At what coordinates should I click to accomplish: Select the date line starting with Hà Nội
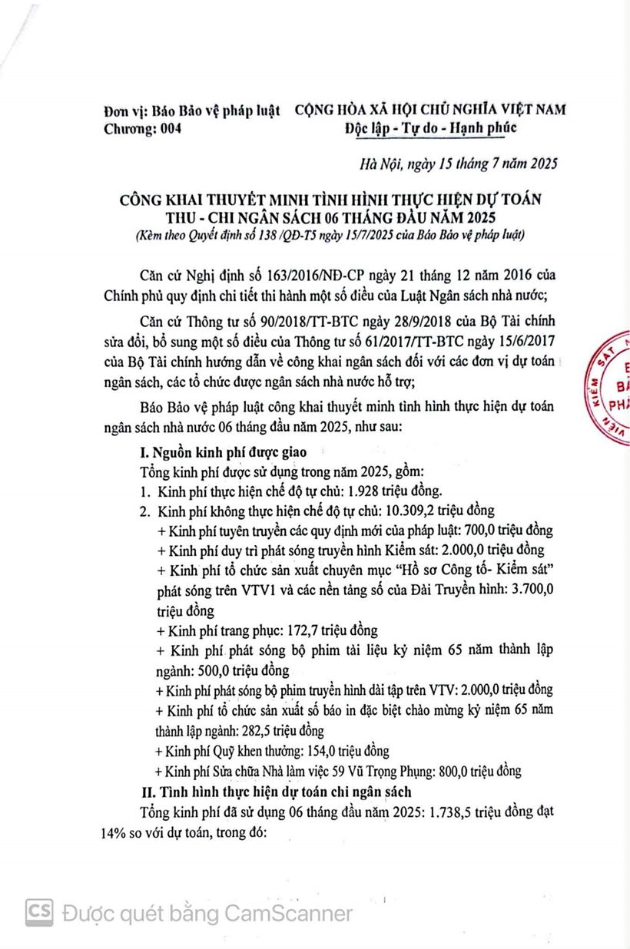(x=459, y=164)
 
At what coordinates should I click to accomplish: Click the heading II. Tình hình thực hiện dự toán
(x=274, y=791)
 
